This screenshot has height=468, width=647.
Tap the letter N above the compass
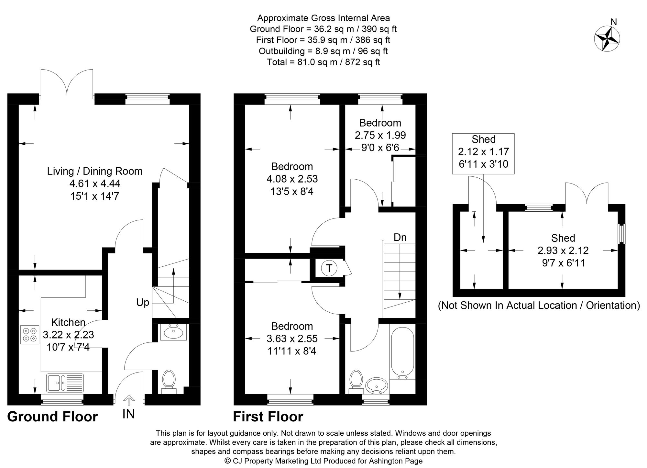[x=614, y=22]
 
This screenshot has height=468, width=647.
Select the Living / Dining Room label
[x=95, y=171]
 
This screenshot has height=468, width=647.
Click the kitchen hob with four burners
[x=29, y=334]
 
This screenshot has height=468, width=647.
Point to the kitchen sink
[x=65, y=383]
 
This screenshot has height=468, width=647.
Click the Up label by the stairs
[x=143, y=303]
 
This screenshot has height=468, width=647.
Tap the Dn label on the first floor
[x=400, y=237]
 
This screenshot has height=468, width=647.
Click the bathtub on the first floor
[x=402, y=354]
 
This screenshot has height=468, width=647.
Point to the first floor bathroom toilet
[x=356, y=382]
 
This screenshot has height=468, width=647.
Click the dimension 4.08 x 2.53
[x=292, y=179]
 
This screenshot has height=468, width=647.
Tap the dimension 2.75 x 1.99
[x=380, y=135]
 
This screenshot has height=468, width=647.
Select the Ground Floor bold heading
[x=52, y=417]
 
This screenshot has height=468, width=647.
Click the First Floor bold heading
[x=268, y=417]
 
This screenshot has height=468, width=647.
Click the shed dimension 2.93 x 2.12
[x=563, y=250]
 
